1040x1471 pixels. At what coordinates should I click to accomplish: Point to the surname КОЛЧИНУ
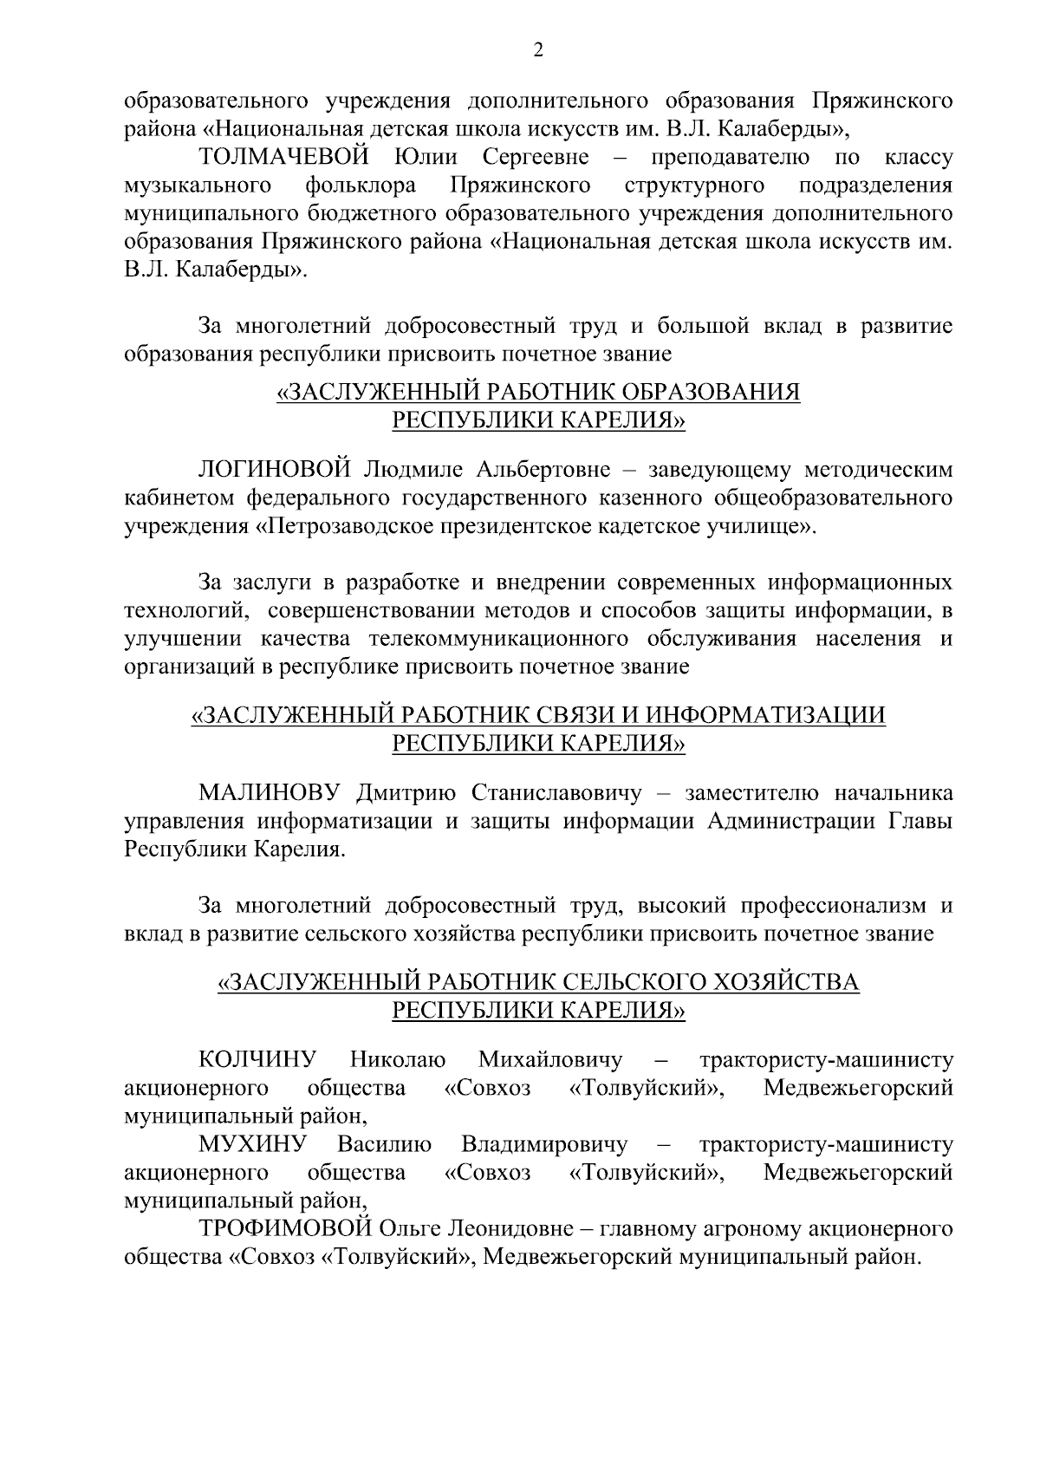click(257, 1059)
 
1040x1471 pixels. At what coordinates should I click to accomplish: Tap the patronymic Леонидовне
click(504, 1229)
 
